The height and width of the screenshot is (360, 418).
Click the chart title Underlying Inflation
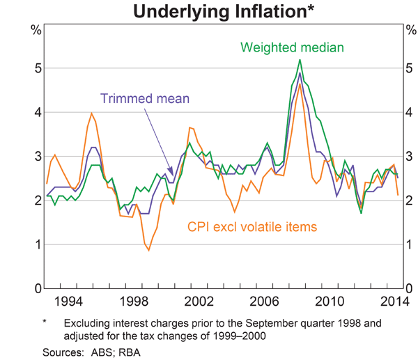(x=208, y=12)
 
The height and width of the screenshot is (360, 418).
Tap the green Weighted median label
(x=293, y=47)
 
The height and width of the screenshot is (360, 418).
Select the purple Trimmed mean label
(x=144, y=98)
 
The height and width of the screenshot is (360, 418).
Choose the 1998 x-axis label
(x=133, y=301)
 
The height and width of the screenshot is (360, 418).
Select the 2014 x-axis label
(x=390, y=301)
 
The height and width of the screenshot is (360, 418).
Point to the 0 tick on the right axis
(x=409, y=288)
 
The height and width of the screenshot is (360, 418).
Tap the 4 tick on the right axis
(x=409, y=112)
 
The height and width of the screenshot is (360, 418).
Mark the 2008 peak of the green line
(x=300, y=60)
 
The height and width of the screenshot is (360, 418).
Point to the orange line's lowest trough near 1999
(x=148, y=250)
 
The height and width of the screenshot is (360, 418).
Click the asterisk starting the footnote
(x=44, y=323)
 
